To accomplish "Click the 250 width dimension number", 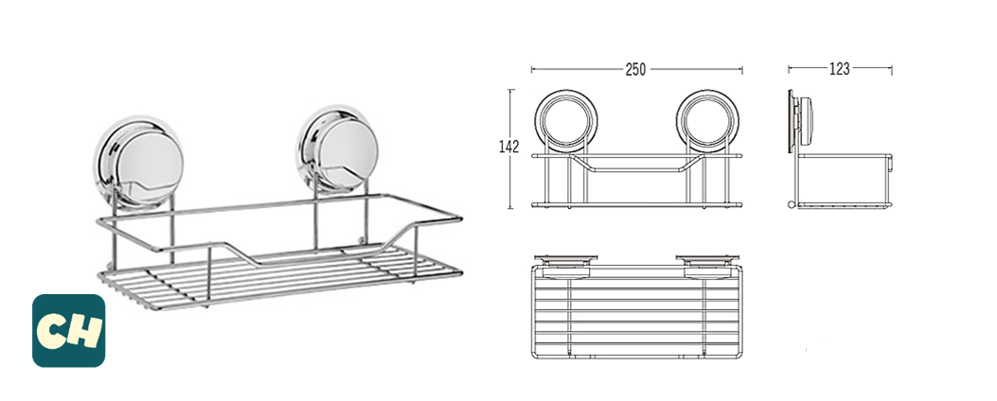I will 635,69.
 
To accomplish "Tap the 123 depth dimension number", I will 839,69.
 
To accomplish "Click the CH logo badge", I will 68,330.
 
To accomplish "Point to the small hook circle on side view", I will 792,205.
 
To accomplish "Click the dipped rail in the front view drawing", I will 635,170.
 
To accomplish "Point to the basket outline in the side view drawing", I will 846,180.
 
